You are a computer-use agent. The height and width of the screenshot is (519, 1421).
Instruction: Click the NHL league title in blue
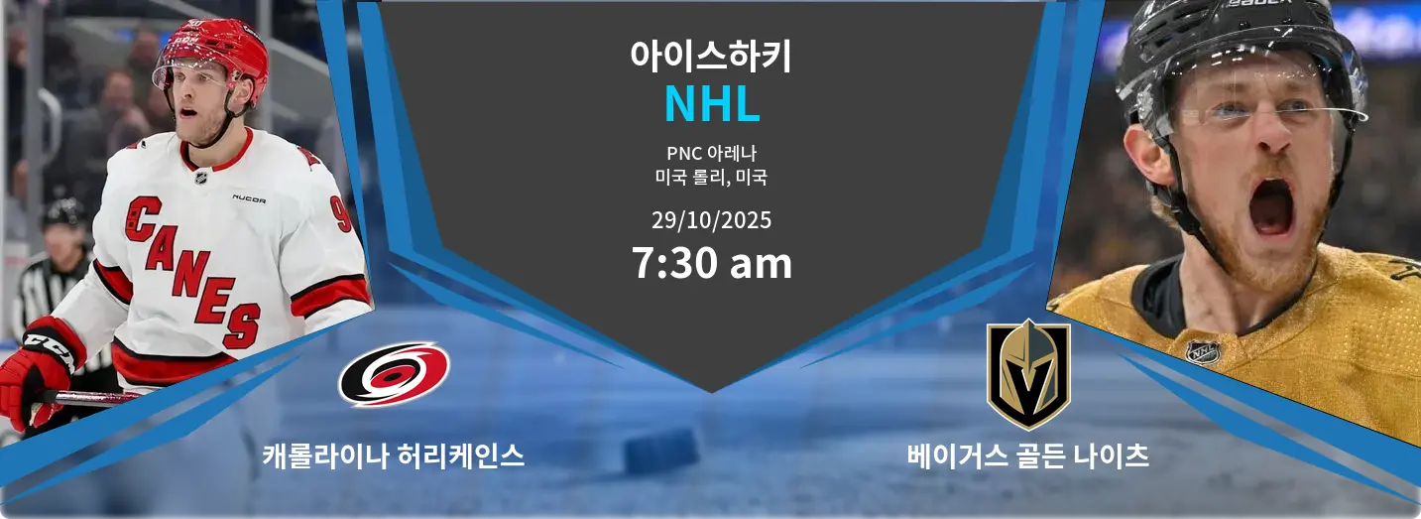click(x=711, y=104)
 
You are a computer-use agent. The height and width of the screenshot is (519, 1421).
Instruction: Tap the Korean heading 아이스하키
click(x=711, y=56)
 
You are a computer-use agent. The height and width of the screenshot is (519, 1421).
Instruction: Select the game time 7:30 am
click(x=711, y=263)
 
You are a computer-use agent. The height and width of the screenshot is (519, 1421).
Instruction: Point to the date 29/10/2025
click(x=711, y=219)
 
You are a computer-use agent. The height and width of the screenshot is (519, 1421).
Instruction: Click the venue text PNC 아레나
click(x=711, y=154)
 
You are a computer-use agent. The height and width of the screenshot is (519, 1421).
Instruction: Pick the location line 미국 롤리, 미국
click(x=711, y=178)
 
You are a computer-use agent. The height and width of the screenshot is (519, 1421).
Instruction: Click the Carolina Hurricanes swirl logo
click(x=394, y=373)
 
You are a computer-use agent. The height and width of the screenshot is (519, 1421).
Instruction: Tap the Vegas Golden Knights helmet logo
click(x=1028, y=374)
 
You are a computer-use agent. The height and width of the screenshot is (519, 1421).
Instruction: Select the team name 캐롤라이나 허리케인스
click(x=393, y=455)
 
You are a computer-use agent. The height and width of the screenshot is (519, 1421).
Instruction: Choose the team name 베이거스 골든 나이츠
click(x=1027, y=455)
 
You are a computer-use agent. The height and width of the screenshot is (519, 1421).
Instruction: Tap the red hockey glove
click(x=35, y=372)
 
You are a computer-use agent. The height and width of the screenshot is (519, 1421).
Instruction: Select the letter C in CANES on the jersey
click(x=144, y=218)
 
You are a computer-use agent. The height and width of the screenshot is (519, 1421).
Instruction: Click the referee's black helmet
click(x=64, y=212)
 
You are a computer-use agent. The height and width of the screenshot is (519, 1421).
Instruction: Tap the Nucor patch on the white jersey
click(x=248, y=198)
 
